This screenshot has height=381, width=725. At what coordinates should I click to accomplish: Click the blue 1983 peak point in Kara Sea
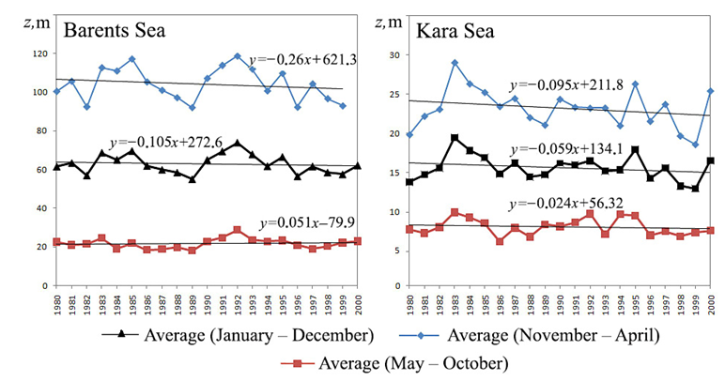pos(454,63)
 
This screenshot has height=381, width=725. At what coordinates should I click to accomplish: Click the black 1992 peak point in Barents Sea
pos(238,143)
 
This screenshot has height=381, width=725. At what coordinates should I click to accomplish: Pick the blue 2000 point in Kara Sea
pos(710,91)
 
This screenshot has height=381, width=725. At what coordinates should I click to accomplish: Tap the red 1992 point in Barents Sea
pos(238,229)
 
